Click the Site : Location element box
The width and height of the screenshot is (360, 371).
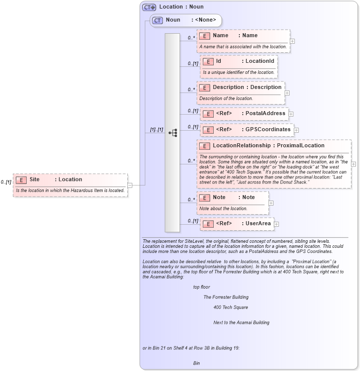tap(70, 179)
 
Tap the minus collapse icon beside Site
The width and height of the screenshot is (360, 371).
tap(130, 185)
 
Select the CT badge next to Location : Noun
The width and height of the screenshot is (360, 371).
tap(149, 7)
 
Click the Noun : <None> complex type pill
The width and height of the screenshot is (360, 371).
tap(187, 21)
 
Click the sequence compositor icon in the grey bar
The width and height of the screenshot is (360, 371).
tap(172, 133)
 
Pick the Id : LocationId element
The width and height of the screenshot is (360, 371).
tap(239, 61)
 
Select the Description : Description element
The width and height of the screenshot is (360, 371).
tap(240, 87)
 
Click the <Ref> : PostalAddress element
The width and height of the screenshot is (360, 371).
tap(244, 114)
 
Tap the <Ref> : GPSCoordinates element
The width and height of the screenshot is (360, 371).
tap(247, 130)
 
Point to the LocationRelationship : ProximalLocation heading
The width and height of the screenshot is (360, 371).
tap(268, 146)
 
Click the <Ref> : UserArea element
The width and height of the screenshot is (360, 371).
tap(237, 224)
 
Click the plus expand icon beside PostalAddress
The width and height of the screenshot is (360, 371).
tap(291, 114)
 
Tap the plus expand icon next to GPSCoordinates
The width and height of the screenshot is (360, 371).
tap(297, 130)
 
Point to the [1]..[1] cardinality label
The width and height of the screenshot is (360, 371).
tap(157, 130)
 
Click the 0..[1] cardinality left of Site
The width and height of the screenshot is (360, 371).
tap(6, 182)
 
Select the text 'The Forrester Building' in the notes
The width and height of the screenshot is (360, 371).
tap(226, 297)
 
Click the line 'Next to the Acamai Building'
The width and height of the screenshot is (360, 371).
tap(241, 322)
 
